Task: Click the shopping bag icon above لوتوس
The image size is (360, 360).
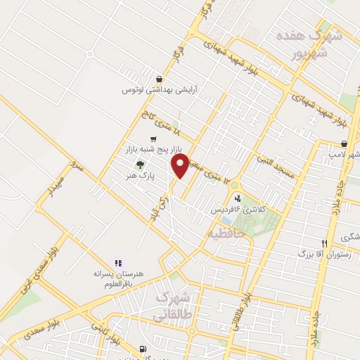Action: click(162, 79)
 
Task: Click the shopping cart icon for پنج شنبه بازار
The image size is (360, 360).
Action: click(153, 139)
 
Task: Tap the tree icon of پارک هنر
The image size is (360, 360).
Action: click(139, 164)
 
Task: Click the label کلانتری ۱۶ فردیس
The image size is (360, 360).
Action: click(233, 210)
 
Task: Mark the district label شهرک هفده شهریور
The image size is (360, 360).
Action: click(319, 44)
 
